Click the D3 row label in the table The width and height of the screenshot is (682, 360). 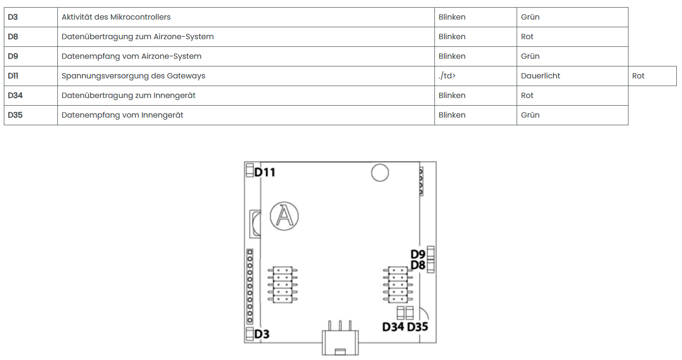(13, 17)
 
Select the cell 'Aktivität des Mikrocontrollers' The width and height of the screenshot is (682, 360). (116, 17)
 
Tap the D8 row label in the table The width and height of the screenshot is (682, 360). (13, 36)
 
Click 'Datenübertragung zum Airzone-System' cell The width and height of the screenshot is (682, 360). (138, 36)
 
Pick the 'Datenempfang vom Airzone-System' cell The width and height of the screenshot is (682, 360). (131, 56)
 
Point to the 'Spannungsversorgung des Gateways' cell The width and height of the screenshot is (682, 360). (133, 76)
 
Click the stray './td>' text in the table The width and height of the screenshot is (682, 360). (447, 76)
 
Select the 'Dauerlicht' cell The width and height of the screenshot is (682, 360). (541, 76)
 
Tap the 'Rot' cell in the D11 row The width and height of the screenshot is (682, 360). (638, 76)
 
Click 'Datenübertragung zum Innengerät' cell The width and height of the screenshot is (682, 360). (129, 95)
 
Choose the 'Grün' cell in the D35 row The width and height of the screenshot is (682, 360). (530, 115)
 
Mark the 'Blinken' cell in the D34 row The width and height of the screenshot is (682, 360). (452, 95)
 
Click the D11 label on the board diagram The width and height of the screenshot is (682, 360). (265, 173)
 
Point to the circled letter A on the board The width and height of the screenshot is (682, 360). (284, 216)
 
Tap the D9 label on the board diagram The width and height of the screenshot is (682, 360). (418, 254)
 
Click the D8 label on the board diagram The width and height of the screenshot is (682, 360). (418, 265)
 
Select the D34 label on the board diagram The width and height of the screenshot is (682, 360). (393, 327)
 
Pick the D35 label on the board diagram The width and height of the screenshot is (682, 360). (417, 327)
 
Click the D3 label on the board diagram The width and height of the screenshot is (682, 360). (262, 334)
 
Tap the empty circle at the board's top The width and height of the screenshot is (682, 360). (380, 173)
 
